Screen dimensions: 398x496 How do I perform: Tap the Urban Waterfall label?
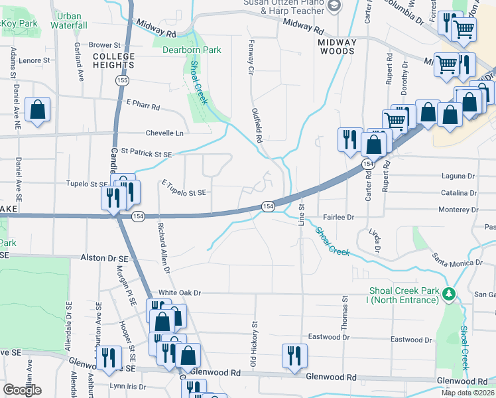coord(69,20)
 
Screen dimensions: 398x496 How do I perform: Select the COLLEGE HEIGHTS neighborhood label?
coord(114,60)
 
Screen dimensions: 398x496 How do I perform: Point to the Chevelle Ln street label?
coord(164,133)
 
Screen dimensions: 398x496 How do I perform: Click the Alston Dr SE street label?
coord(103,257)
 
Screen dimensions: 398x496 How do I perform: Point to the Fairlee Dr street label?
coord(339,217)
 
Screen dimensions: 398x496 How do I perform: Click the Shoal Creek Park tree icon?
coord(449,294)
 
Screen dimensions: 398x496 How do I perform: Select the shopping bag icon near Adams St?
coord(38,110)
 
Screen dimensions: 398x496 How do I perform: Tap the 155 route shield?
coord(121,80)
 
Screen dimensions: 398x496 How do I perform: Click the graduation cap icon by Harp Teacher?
coord(335,6)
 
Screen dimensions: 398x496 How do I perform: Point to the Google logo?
coord(23,390)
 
